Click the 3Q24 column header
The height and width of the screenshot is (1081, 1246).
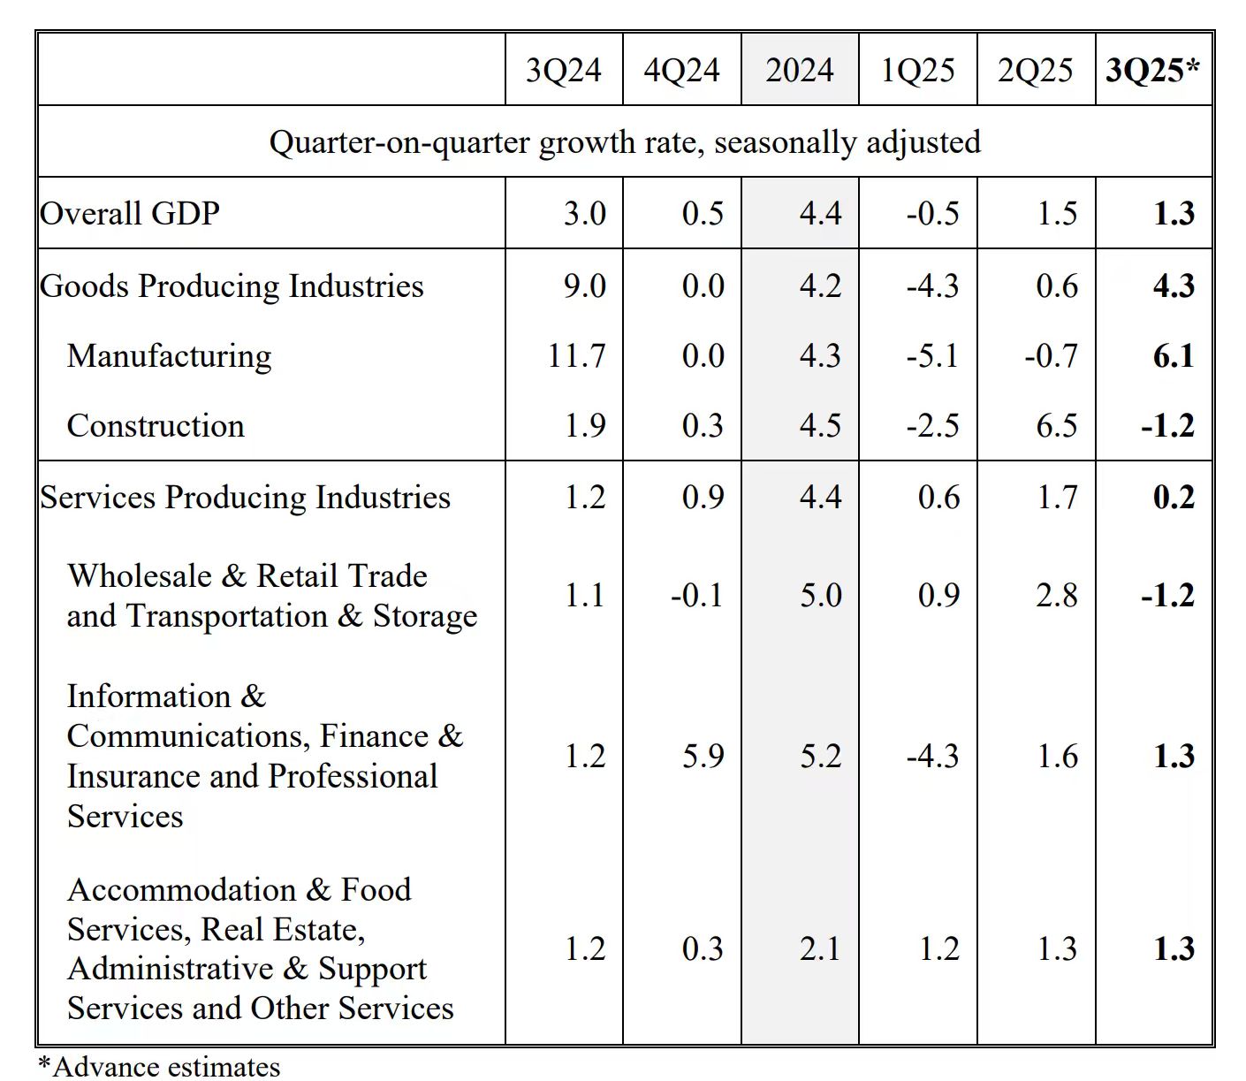point(563,71)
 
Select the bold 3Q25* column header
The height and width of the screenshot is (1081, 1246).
point(1152,71)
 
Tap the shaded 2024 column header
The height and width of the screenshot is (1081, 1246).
point(799,71)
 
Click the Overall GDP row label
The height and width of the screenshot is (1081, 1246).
point(130,214)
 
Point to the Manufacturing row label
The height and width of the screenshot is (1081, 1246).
point(169,355)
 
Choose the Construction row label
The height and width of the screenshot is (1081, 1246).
point(156,426)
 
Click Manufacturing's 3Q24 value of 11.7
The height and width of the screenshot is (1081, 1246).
point(576,355)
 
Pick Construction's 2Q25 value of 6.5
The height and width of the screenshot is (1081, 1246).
point(1057,426)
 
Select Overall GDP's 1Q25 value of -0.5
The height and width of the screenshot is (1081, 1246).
point(932,214)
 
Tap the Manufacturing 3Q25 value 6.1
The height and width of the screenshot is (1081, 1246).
point(1174,355)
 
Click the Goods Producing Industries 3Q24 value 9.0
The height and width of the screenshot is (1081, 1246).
point(585,285)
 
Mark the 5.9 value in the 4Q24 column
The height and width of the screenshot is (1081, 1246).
point(703,757)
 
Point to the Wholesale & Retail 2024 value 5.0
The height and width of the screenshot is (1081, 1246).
point(820,595)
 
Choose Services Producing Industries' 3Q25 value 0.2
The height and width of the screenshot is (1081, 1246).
point(1174,497)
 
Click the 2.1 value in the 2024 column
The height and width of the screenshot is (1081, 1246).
point(820,948)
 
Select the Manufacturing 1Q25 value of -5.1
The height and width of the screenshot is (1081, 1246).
point(932,355)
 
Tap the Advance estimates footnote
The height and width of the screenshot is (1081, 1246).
point(159,1067)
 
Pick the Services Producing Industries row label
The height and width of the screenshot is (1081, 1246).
point(246,497)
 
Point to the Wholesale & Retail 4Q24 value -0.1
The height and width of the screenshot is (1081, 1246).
point(696,595)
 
